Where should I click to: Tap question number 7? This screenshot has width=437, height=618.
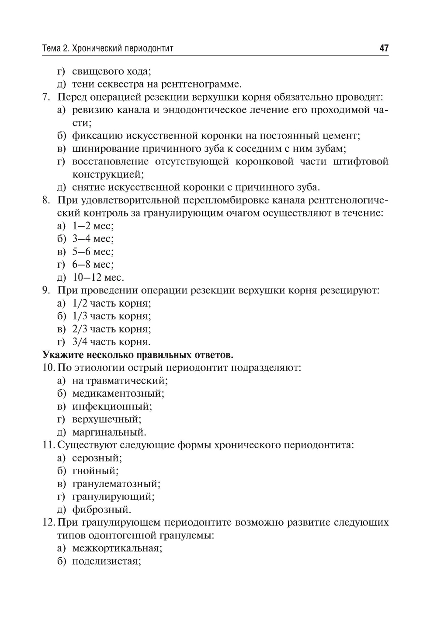click(x=46, y=97)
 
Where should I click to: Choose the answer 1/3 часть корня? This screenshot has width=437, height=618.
click(x=111, y=316)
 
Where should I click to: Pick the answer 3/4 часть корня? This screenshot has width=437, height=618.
click(x=111, y=342)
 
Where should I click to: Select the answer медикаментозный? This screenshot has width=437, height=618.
click(x=118, y=394)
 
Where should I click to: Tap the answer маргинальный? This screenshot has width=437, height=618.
click(x=109, y=433)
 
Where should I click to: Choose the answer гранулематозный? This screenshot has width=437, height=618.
click(x=116, y=484)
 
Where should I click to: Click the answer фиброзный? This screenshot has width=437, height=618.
click(x=101, y=510)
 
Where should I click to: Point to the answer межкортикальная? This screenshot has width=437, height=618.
click(x=117, y=548)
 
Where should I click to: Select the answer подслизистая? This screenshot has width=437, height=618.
click(x=106, y=561)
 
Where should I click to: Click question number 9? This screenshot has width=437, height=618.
click(x=46, y=290)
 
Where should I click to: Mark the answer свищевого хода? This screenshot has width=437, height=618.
click(x=111, y=71)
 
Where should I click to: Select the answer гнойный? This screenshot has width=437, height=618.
click(x=95, y=471)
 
